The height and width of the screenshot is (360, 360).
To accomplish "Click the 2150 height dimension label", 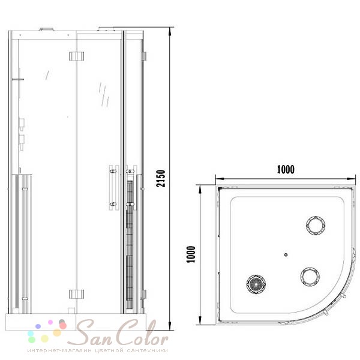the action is [x=161, y=178].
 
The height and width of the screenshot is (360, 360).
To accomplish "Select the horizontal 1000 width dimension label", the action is [x=286, y=169].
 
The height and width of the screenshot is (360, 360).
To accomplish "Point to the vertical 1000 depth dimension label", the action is [x=191, y=254].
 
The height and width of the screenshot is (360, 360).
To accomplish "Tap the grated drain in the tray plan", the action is [x=256, y=284].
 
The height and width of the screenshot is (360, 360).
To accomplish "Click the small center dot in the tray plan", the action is [x=286, y=254].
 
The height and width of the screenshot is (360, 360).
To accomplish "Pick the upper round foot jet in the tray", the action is [x=316, y=226].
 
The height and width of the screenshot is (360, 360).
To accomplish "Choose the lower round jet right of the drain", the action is [x=310, y=277].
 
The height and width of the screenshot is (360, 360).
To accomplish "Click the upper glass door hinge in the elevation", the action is [x=76, y=56].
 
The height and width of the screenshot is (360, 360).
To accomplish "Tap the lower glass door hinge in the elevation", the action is [x=76, y=294].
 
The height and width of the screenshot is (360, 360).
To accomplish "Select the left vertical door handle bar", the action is [x=114, y=188].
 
